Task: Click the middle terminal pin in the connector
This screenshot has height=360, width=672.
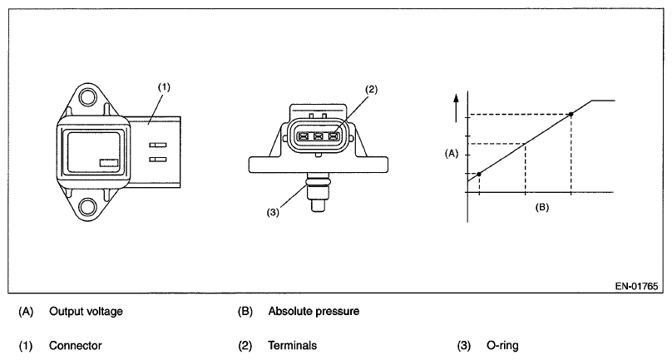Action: point(319,136)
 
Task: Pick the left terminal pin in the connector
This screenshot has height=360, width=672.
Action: point(304,136)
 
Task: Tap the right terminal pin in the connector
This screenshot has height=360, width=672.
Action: point(334,136)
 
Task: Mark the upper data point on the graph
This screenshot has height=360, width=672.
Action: point(571,114)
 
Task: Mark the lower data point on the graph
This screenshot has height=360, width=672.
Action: point(478,173)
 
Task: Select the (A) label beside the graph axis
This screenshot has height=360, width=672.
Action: point(452,154)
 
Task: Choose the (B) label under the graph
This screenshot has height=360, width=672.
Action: point(541,205)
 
